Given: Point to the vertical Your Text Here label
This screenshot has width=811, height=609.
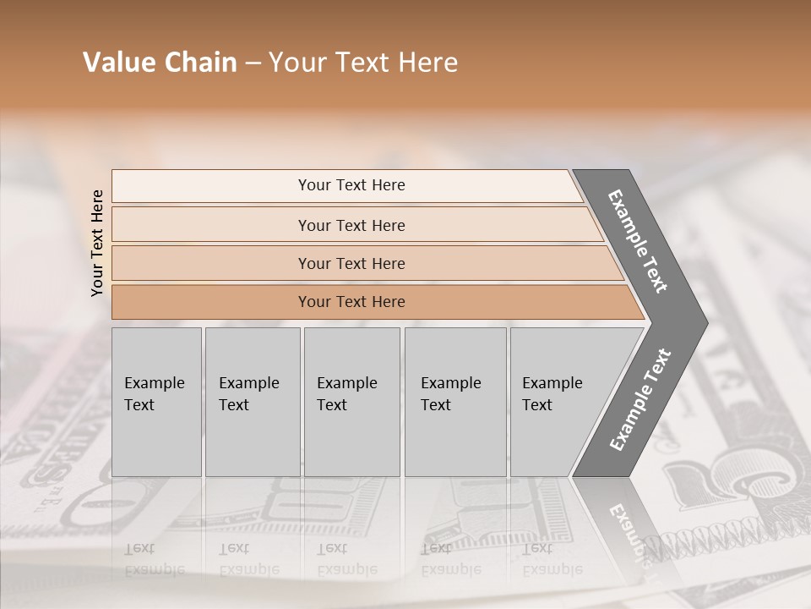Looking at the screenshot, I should pos(97,243).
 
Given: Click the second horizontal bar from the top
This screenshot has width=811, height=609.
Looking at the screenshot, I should pos(351,225).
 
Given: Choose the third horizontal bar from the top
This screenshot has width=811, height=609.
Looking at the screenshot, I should pos(351,263).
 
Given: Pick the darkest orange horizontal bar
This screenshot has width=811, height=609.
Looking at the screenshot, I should pos(351,302).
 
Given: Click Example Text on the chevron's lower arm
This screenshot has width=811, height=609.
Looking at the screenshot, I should pos(640,400).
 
